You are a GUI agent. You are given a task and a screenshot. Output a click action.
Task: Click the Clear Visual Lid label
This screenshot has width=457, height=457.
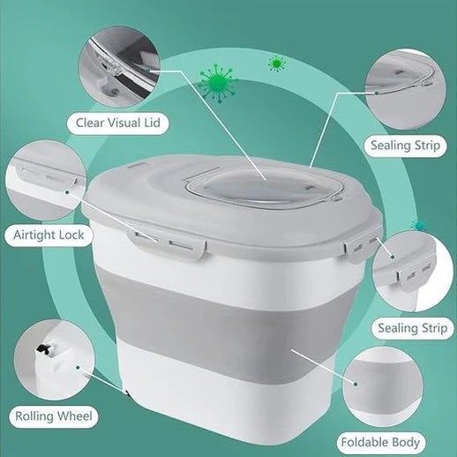(x=118, y=123)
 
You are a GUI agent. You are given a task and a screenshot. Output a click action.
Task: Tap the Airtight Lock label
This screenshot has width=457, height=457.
(x=49, y=235)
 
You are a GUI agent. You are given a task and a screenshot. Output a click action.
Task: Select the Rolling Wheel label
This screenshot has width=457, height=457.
(x=54, y=416)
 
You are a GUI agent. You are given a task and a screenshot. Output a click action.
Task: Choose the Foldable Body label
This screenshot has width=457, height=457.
(x=380, y=442)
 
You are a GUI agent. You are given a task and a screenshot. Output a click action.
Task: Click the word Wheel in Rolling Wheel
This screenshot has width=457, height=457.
(x=74, y=416)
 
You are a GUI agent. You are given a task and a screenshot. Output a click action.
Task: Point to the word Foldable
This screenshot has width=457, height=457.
(x=364, y=442)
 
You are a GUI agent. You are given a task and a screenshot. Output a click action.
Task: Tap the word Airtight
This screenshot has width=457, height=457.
(x=33, y=236)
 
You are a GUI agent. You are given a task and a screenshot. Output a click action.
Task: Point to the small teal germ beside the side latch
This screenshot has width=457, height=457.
(x=418, y=226)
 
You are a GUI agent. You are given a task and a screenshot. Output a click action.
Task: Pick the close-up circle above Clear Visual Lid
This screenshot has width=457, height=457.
(x=119, y=67)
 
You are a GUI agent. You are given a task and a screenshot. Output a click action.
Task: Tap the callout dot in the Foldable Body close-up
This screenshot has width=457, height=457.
(x=356, y=384)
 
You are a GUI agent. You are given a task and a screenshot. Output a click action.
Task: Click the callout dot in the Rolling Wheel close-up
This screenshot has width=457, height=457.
(x=78, y=367)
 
